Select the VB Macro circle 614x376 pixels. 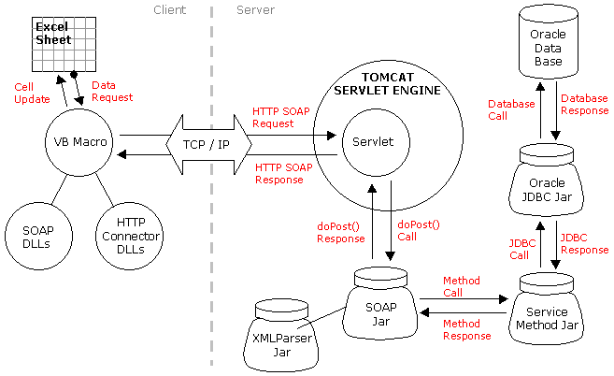tap(79, 143)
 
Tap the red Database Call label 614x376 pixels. tap(511, 109)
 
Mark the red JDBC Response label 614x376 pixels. tap(584, 243)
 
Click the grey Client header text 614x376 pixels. tap(169, 10)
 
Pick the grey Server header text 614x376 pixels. tap(255, 10)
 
